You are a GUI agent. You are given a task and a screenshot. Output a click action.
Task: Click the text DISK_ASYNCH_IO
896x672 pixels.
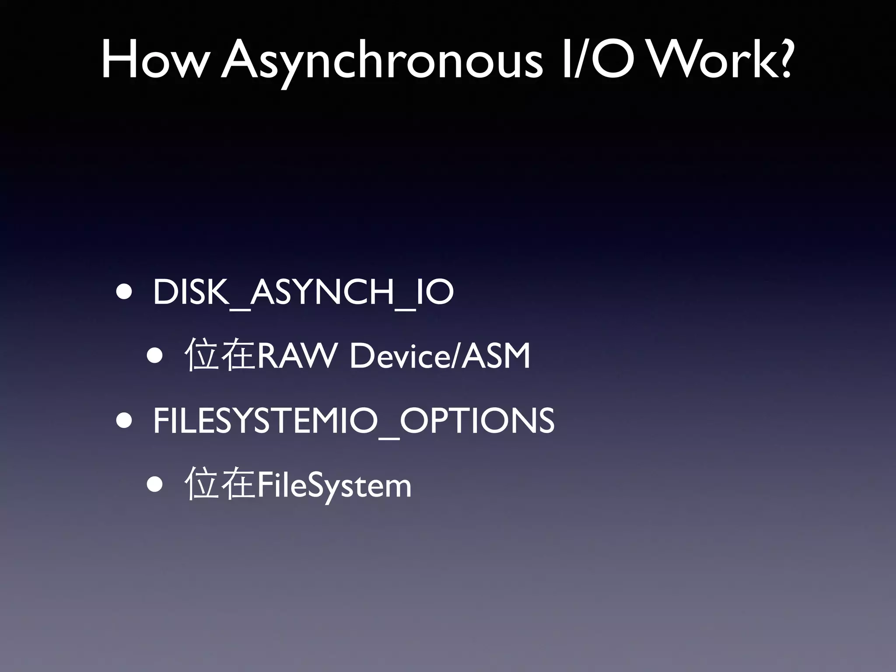click(x=303, y=292)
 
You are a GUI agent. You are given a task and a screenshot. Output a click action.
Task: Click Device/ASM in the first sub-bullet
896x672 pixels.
click(x=440, y=356)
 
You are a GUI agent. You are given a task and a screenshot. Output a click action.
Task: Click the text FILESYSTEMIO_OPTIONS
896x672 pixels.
click(x=353, y=420)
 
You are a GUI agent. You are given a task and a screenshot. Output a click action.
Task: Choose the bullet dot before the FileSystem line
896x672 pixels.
click(x=155, y=485)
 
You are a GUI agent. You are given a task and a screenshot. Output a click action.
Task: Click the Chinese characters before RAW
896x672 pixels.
click(x=220, y=355)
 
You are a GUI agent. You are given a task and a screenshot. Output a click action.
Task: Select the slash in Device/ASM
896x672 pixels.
click(x=455, y=356)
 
